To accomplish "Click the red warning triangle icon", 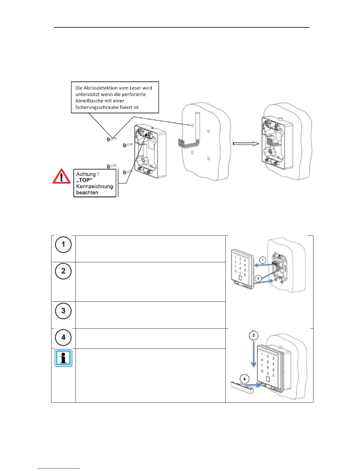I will pyautogui.click(x=62, y=177).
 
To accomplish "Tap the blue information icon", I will pyautogui.click(x=63, y=358).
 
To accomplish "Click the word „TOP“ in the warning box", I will pyautogui.click(x=84, y=180).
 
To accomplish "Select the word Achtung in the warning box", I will pyautogui.click(x=86, y=174).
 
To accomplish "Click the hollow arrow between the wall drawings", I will pyautogui.click(x=246, y=144).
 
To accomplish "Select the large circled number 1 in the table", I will pyautogui.click(x=63, y=245).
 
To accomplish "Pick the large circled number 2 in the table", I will pyautogui.click(x=63, y=271).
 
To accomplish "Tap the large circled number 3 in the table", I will pyautogui.click(x=63, y=311).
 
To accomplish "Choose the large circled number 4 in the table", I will pyautogui.click(x=63, y=337).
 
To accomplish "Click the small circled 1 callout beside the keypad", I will pyautogui.click(x=262, y=260).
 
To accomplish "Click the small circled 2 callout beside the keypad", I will pyautogui.click(x=258, y=279).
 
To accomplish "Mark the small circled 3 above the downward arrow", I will pyautogui.click(x=253, y=336).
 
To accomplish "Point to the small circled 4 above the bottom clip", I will pyautogui.click(x=244, y=379).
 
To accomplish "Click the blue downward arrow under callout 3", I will pyautogui.click(x=253, y=354).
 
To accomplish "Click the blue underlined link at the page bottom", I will pyautogui.click(x=59, y=469).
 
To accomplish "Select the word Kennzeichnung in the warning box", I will pyautogui.click(x=95, y=186).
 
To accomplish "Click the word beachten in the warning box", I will pyautogui.click(x=87, y=193).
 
